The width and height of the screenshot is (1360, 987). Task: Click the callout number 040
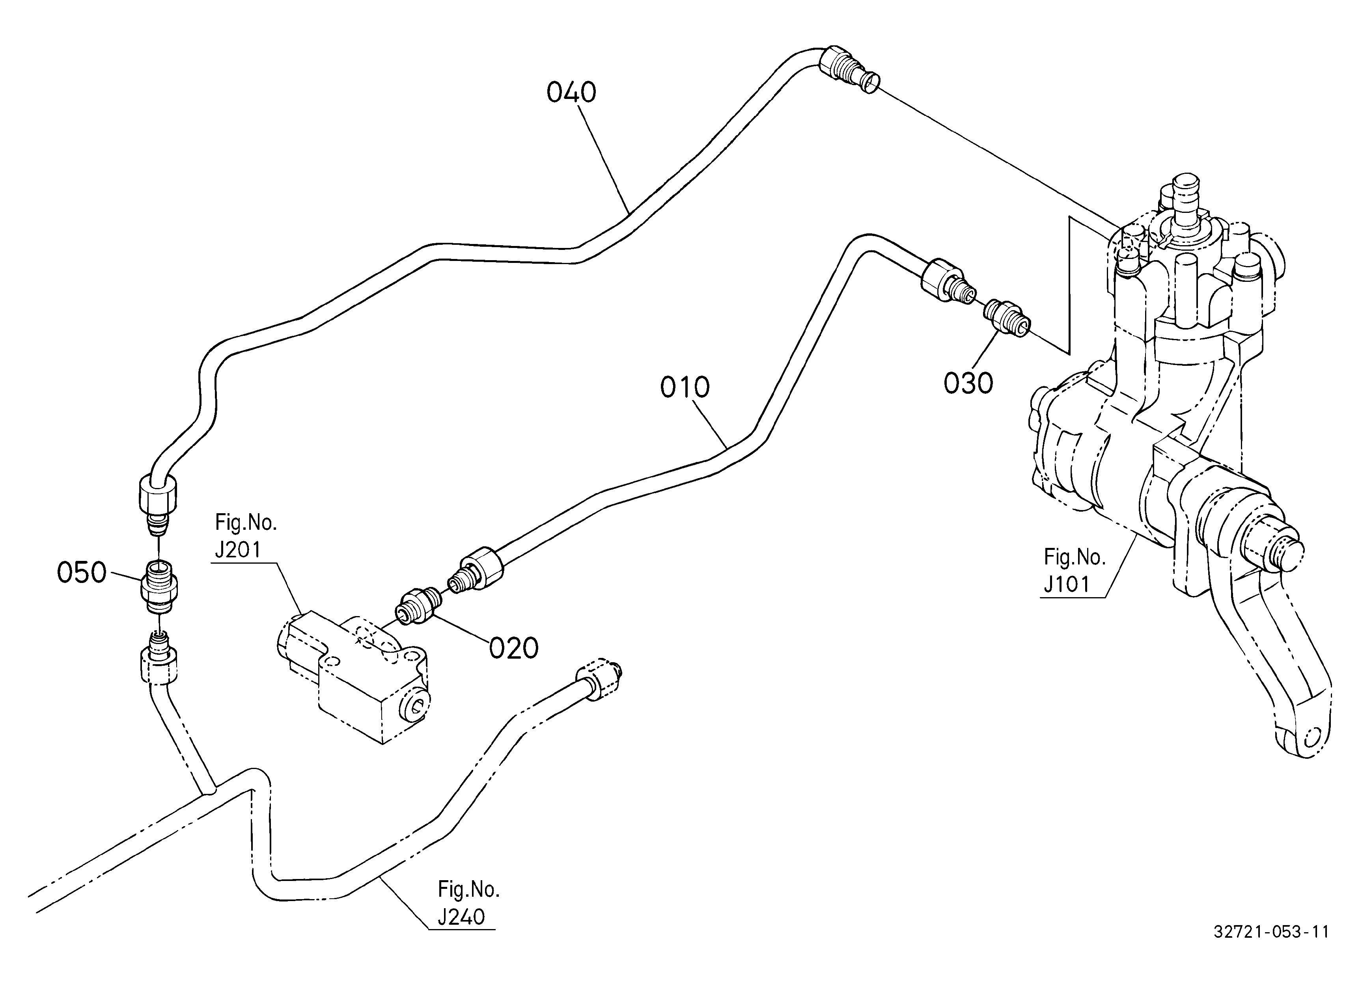click(x=571, y=93)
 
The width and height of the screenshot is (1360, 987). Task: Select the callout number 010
click(x=685, y=388)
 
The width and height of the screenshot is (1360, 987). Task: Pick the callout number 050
click(x=82, y=573)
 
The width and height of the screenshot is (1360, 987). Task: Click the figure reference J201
click(x=238, y=549)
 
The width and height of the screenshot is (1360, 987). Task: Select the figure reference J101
click(x=1067, y=584)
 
